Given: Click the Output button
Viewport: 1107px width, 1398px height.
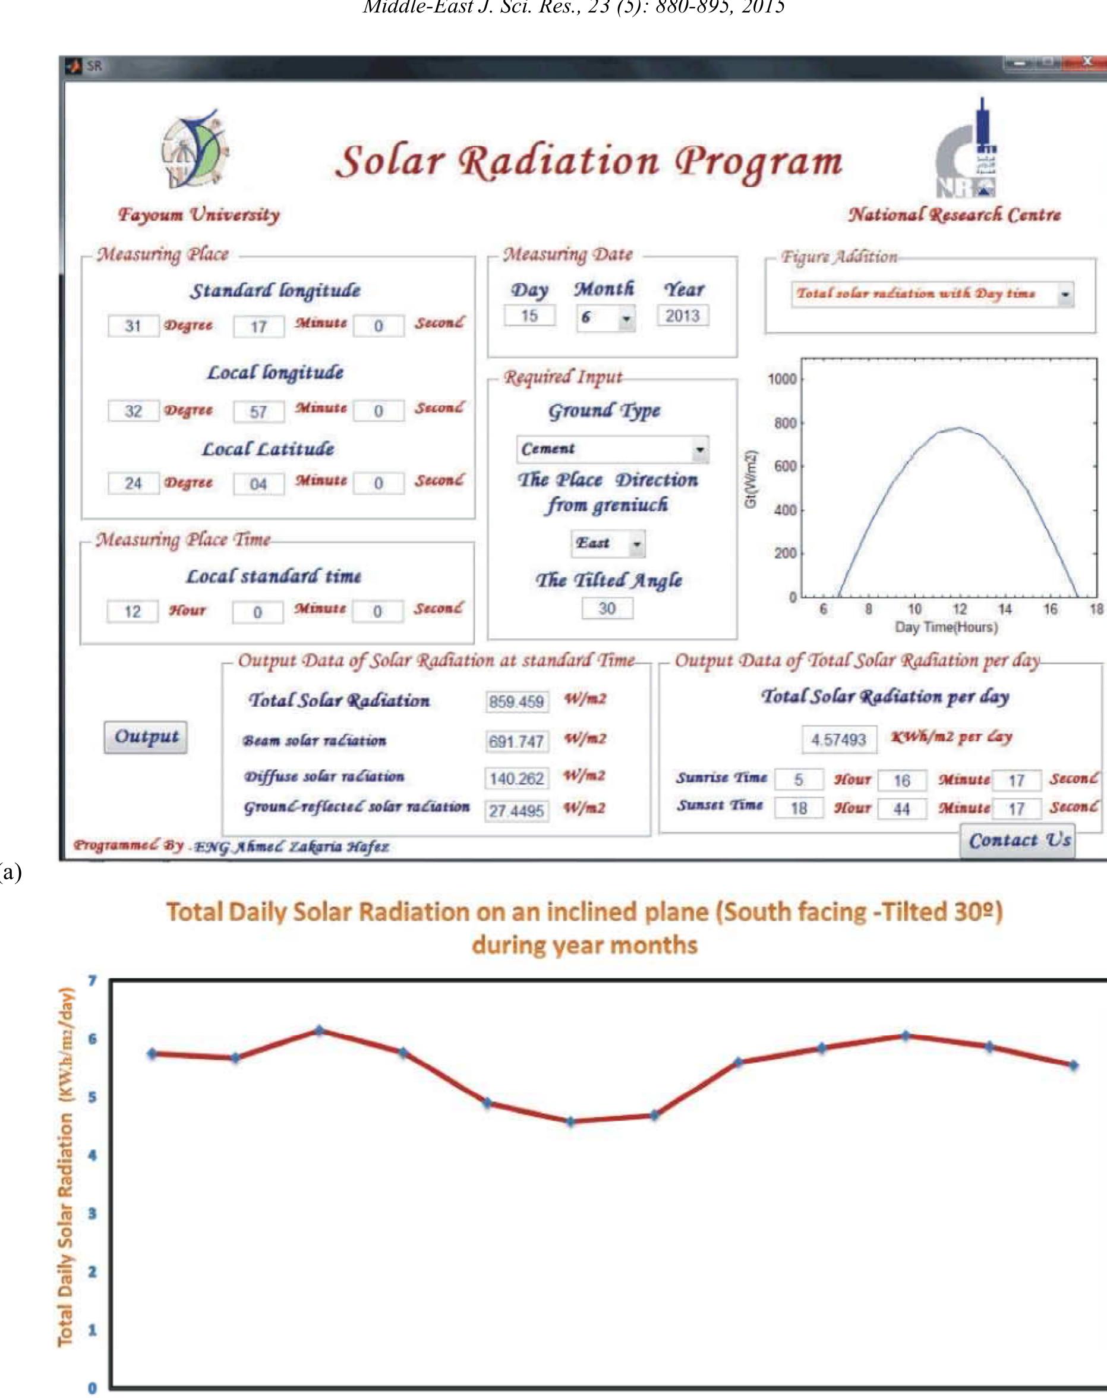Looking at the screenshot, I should (146, 737).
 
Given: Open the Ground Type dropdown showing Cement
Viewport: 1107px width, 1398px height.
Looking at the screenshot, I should (613, 449).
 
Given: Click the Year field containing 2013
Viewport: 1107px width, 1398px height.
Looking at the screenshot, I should (683, 316).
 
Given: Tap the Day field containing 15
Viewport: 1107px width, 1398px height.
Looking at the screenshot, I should (529, 316).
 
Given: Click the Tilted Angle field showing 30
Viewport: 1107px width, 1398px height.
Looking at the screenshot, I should (607, 608).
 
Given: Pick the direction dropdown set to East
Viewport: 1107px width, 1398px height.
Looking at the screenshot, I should (607, 543).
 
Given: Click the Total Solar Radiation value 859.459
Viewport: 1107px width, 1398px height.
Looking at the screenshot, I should (516, 701).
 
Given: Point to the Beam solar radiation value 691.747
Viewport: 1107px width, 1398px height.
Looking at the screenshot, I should (516, 741).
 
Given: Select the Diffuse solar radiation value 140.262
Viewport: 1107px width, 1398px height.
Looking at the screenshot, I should (516, 778).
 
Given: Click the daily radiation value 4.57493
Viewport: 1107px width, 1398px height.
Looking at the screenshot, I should (838, 739).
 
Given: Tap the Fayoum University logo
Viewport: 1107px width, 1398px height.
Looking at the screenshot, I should (194, 149).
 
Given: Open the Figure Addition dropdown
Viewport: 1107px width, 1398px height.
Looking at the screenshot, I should (932, 294).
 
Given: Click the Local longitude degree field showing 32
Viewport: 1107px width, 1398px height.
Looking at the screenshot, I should (133, 411).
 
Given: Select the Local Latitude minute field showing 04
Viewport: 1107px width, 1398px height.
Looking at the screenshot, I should (258, 484).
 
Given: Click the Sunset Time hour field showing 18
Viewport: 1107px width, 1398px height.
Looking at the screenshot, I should (799, 808).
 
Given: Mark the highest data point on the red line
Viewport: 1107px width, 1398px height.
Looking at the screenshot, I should (319, 1030).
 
